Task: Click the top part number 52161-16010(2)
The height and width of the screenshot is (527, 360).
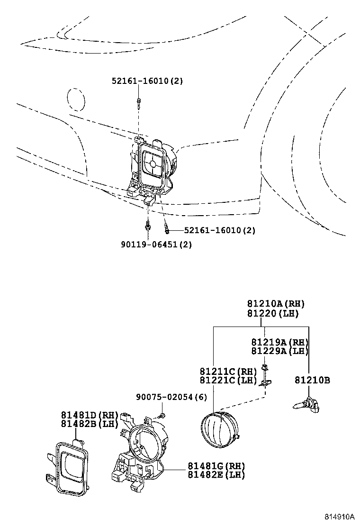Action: click(147, 81)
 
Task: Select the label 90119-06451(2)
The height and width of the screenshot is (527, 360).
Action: click(156, 244)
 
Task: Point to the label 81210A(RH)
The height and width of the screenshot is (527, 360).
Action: click(275, 304)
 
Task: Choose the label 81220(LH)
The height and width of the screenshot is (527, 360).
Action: click(272, 313)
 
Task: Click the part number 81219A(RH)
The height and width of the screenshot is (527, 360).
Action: click(279, 342)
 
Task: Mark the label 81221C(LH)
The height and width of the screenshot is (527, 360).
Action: click(228, 380)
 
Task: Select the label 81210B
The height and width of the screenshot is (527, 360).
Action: click(312, 380)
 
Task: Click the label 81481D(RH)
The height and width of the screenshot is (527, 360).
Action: click(89, 414)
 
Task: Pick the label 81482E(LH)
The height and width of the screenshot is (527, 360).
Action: click(216, 474)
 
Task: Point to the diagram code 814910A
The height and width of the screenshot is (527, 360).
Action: click(339, 516)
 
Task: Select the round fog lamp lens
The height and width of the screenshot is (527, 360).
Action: click(217, 430)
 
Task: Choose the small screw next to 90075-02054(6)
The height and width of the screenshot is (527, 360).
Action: click(162, 416)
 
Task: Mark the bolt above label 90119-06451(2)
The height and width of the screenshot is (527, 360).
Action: click(148, 226)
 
